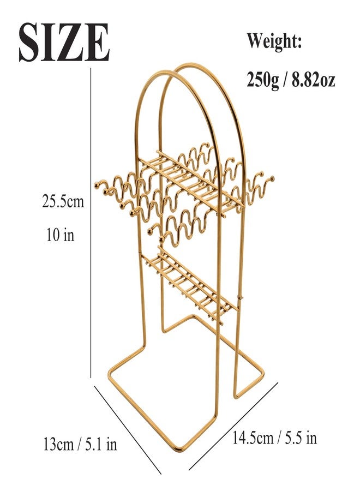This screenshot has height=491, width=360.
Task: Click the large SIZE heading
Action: coord(64,42)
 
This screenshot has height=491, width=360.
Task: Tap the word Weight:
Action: coord(274,41)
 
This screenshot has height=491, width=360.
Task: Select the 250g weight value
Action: coord(262,80)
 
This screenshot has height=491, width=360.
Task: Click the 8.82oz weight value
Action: coord(314,80)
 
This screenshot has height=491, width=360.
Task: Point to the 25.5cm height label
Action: coord(63,201)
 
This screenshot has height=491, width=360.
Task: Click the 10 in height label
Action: coord(61,235)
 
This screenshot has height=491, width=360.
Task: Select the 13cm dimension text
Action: coord(58,444)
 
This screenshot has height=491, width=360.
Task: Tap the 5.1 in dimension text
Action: coord(101,444)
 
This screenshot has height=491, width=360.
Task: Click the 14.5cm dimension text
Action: coord(253,437)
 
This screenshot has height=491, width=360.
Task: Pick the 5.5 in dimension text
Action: coord(300,437)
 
